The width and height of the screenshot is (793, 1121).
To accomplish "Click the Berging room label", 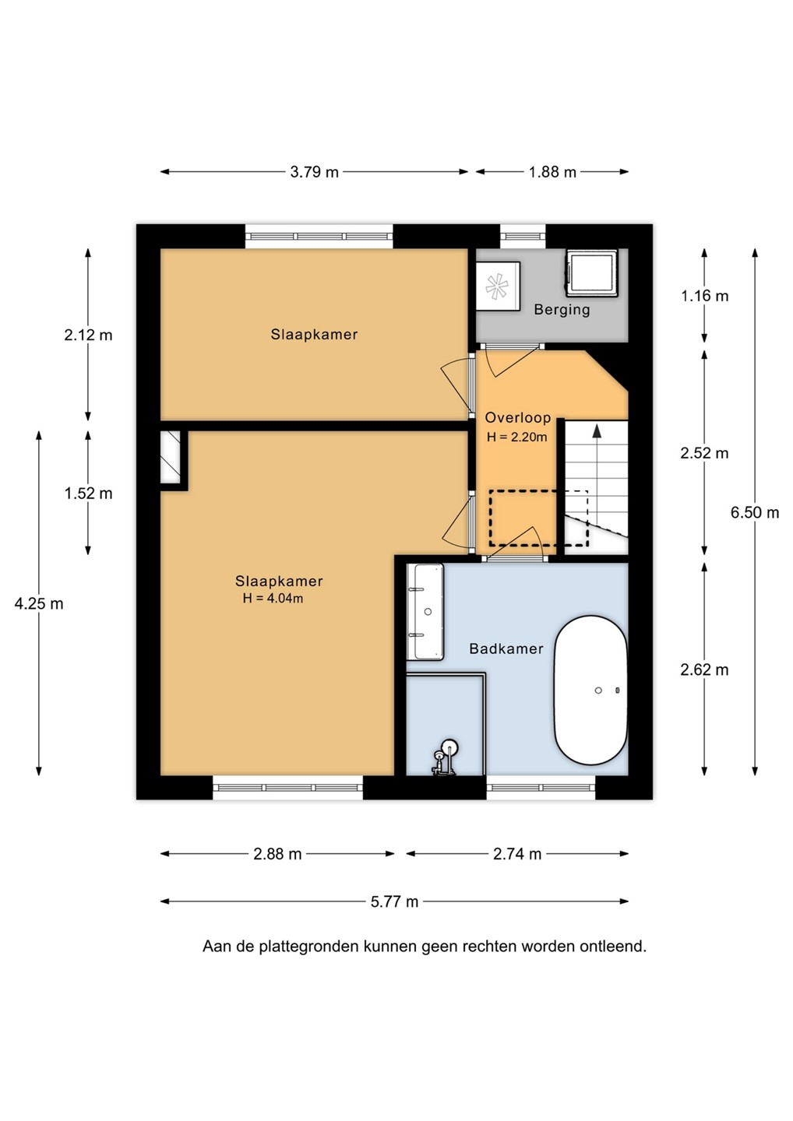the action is (562, 310).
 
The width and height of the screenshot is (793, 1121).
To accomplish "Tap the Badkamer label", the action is (506, 649).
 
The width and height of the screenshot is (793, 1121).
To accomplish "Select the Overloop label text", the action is (518, 417).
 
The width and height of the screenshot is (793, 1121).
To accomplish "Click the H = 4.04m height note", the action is (273, 598).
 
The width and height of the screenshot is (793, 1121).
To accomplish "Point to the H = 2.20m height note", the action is (517, 437).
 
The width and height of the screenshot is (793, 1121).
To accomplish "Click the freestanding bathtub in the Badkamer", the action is (590, 690).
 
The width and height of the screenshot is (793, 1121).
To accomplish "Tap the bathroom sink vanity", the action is (425, 612).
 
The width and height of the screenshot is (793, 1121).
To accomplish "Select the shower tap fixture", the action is (445, 758).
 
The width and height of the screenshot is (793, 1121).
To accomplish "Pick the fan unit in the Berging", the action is (498, 286).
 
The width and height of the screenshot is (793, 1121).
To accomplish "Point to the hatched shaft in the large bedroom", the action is (171, 457).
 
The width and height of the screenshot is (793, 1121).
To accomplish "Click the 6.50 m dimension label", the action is (755, 513).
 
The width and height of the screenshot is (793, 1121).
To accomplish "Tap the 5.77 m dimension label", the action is (394, 901).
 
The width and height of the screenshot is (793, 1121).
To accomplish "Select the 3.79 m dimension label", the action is (315, 172).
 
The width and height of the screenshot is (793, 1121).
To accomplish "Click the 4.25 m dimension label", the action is (39, 604).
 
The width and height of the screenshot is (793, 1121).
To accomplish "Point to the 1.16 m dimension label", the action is (704, 297).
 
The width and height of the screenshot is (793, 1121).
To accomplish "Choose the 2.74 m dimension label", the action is (517, 854).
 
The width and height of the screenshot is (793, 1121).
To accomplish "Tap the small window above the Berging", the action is (523, 236).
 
